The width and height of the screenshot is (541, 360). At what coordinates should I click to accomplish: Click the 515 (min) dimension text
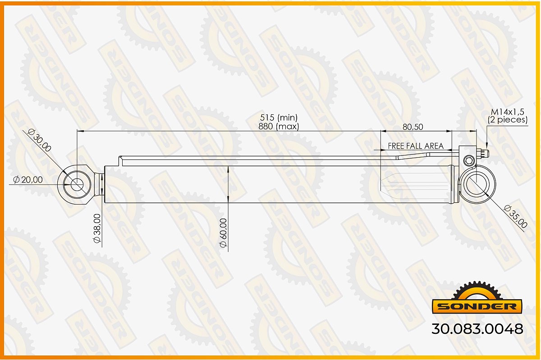tap(279, 118)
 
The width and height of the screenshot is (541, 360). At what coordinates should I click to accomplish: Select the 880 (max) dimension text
tap(279, 126)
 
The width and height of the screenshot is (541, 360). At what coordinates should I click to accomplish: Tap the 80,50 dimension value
tap(413, 127)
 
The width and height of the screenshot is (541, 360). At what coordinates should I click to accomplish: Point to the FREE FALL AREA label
tap(416, 146)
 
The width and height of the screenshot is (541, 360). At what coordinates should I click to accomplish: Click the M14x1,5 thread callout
tap(508, 112)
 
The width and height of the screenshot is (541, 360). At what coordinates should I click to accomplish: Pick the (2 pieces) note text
tap(508, 120)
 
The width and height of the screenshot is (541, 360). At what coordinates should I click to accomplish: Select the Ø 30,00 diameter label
tap(39, 140)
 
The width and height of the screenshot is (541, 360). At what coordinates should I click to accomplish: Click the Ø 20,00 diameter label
tap(28, 180)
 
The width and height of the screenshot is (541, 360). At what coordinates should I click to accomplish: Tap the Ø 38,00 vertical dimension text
tap(97, 228)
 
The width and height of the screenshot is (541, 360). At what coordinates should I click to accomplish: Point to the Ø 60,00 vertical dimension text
tap(223, 233)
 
